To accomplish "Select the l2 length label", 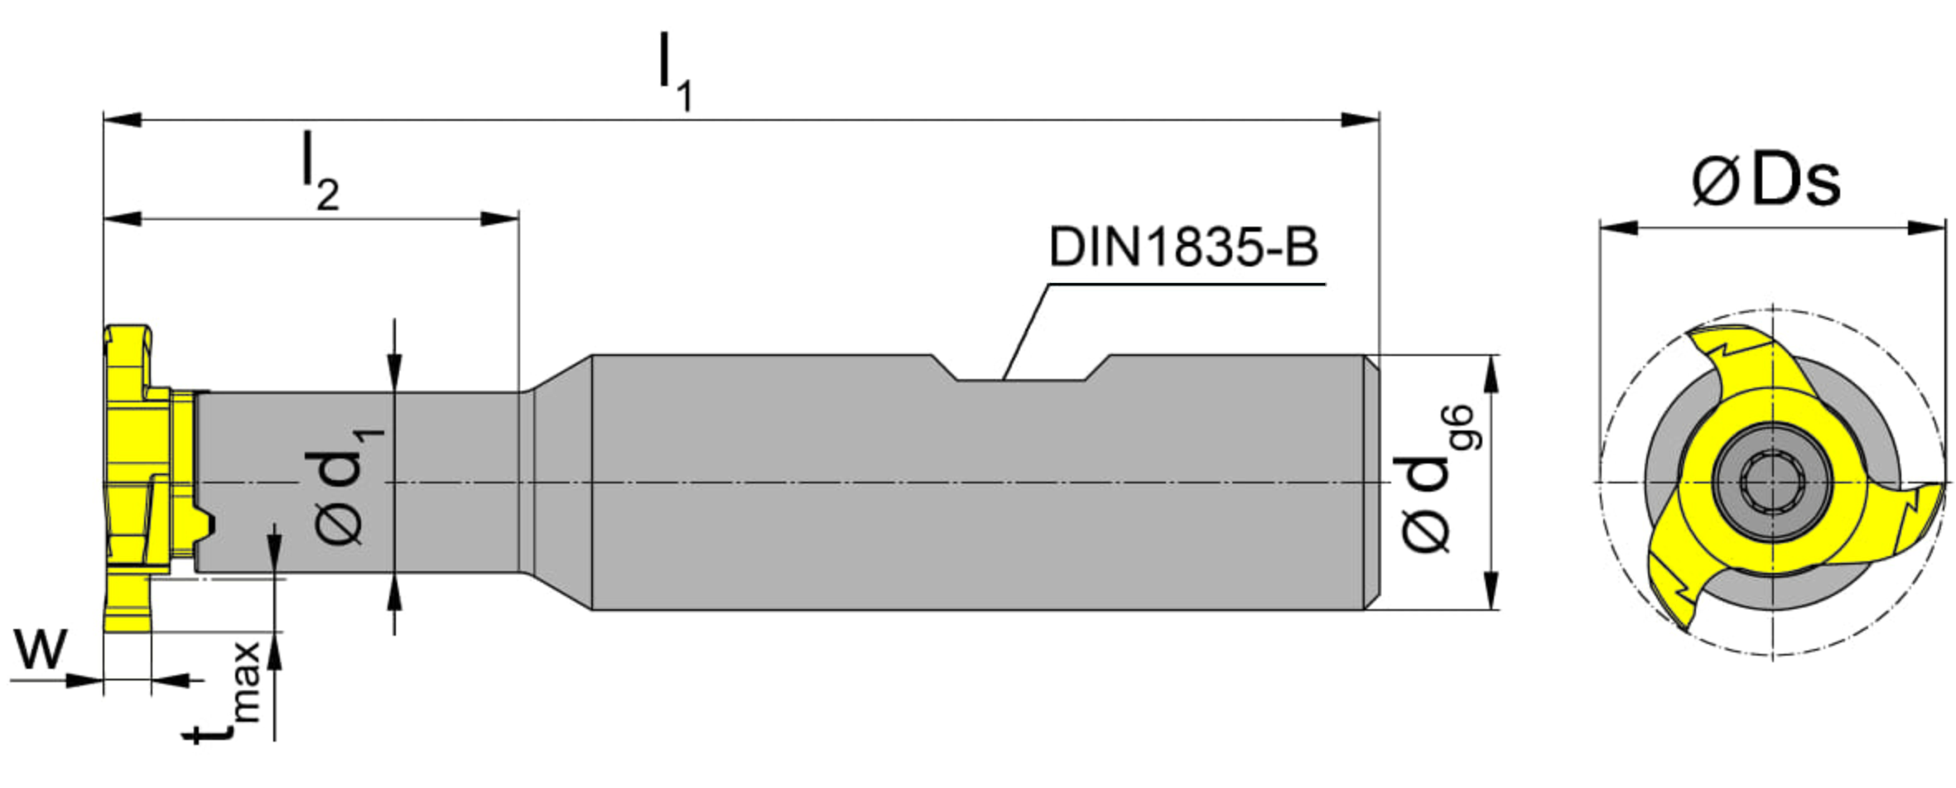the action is pyautogui.click(x=320, y=171).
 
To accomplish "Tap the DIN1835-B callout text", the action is pyautogui.click(x=1183, y=247).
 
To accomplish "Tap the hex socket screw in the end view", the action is pyautogui.click(x=1771, y=481).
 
